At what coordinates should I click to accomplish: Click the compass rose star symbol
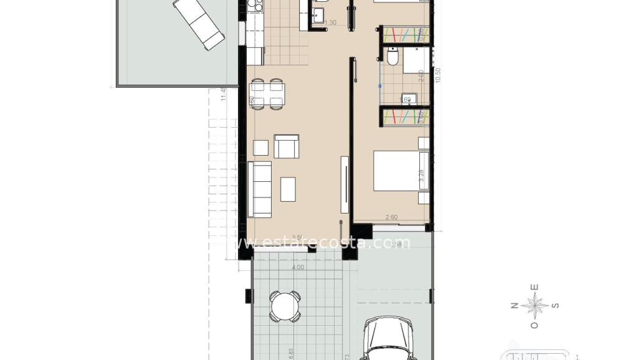pos(535,306)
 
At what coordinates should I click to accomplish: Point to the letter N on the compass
pos(515,306)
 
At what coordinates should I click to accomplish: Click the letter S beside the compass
pos(556,306)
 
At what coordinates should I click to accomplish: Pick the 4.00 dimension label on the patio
pos(298,268)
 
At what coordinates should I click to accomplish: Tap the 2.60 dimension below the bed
pos(391,217)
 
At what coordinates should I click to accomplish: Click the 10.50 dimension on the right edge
pos(438,75)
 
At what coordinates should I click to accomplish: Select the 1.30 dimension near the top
pos(330,23)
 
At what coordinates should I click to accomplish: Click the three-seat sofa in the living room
pos(260,189)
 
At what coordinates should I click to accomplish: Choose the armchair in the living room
pos(286,146)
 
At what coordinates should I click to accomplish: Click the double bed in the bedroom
pos(401,171)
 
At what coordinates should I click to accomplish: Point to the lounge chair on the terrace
pos(199,24)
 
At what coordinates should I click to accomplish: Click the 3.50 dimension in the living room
pos(297,237)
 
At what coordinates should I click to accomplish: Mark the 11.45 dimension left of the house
pos(223,97)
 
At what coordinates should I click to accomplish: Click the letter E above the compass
pos(535,287)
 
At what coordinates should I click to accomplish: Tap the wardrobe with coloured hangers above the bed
pos(405,116)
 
